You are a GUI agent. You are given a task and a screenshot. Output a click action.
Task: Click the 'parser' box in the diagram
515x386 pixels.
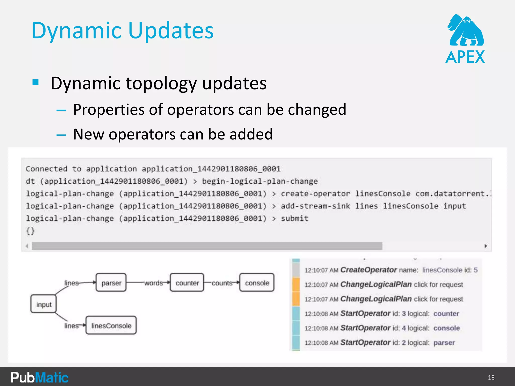[111, 283]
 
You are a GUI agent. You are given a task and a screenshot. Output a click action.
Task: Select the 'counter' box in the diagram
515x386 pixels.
[187, 283]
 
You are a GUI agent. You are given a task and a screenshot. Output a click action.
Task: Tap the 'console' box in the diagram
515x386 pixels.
[257, 283]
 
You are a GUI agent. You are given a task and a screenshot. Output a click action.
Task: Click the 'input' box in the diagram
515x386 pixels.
[44, 304]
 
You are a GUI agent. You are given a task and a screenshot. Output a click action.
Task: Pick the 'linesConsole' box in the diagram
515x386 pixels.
[111, 325]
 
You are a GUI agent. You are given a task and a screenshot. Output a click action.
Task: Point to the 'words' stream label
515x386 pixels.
[153, 283]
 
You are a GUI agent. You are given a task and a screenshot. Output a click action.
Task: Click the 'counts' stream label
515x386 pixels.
[222, 283]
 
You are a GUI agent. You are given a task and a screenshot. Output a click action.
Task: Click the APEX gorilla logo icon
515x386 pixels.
[465, 30]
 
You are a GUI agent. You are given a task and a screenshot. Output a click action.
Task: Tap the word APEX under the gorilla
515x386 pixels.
[465, 57]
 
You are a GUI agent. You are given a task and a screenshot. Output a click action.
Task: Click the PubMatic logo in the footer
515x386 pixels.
[39, 377]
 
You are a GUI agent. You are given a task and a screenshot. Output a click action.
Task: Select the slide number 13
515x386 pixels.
[491, 377]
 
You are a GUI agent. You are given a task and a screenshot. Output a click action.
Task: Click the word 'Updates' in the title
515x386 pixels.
[171, 31]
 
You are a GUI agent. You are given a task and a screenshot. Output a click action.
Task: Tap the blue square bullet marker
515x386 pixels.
[36, 82]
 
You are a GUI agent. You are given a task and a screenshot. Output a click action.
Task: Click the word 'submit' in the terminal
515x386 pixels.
[294, 218]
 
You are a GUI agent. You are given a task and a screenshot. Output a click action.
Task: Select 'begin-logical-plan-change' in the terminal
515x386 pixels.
[260, 181]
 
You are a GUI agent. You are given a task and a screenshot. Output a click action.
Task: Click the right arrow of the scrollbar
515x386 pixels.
[486, 246]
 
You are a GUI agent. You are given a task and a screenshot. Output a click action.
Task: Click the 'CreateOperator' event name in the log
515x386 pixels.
[368, 270]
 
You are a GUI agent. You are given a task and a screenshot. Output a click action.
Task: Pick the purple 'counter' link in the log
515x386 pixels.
[446, 313]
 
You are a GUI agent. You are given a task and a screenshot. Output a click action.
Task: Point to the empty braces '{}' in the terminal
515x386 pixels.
[30, 230]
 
